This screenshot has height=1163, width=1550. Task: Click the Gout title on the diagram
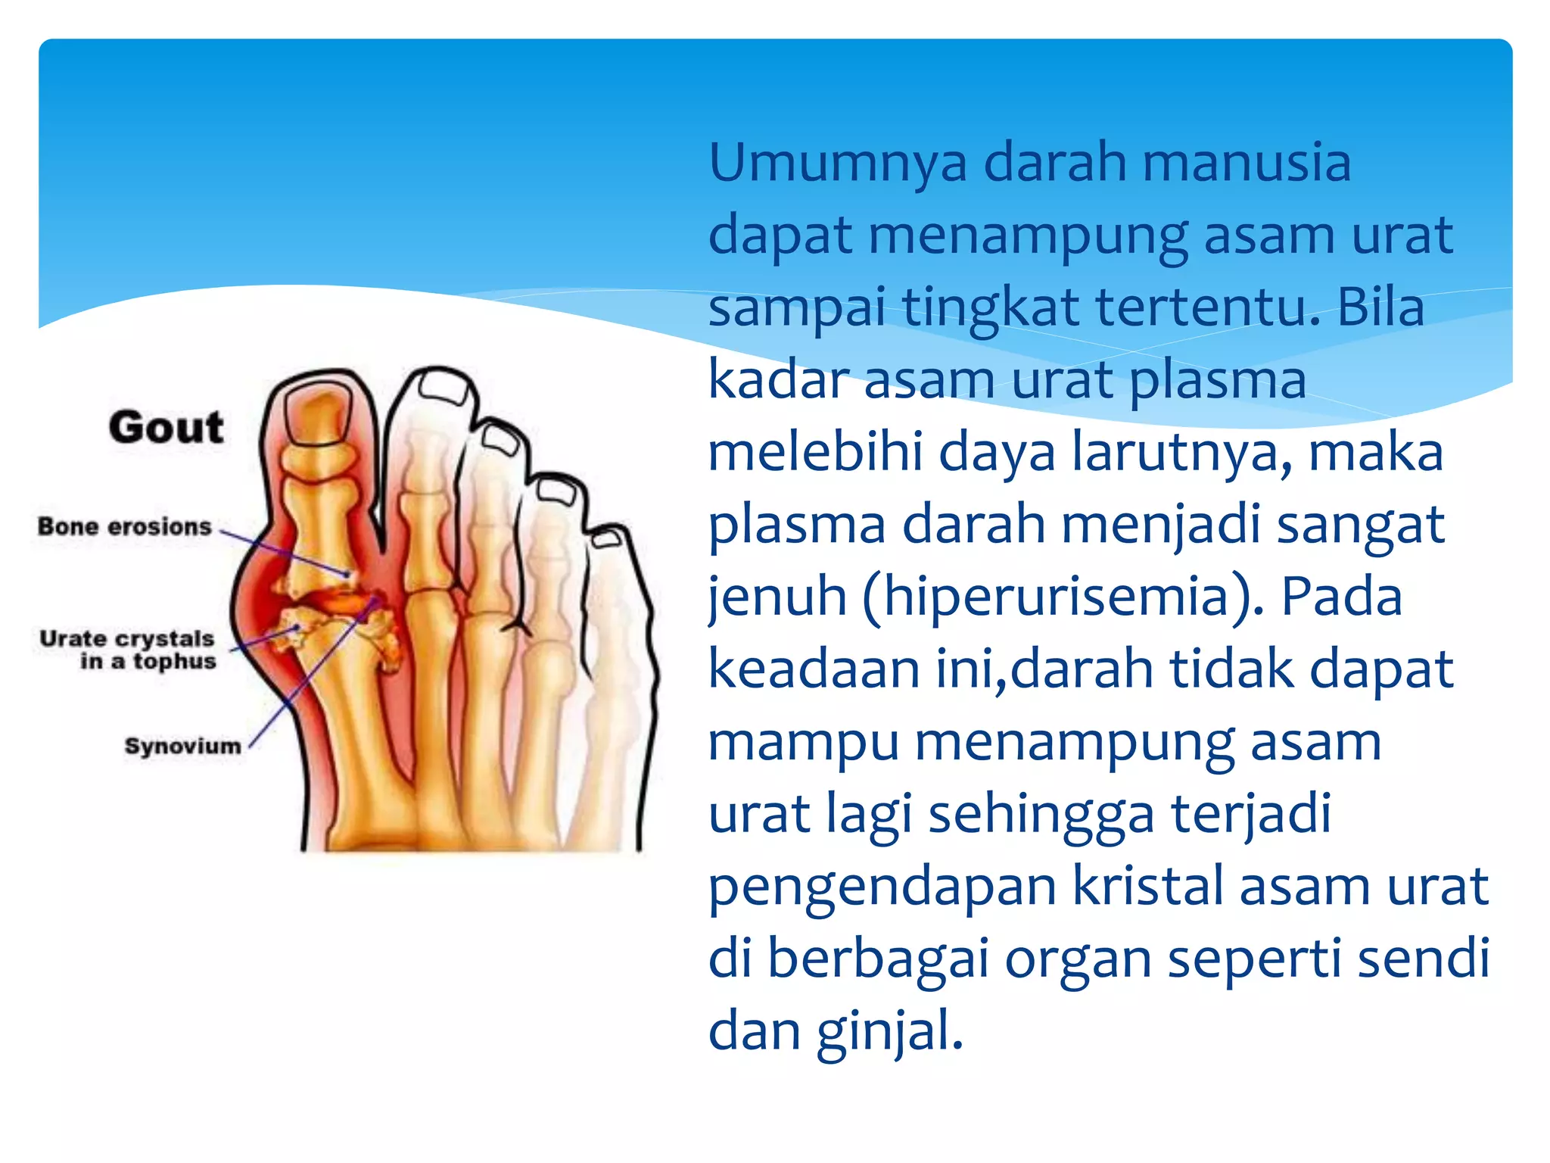click(x=166, y=427)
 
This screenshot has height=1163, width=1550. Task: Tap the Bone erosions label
click(x=125, y=526)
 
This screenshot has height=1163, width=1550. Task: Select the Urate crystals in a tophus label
click(x=128, y=650)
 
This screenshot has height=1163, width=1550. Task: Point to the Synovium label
click(x=182, y=746)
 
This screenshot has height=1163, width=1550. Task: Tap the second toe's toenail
click(x=445, y=388)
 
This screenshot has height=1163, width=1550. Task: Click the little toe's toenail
click(x=606, y=539)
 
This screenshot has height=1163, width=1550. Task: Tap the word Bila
click(x=1380, y=307)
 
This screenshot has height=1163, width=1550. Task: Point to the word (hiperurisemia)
click(x=1060, y=597)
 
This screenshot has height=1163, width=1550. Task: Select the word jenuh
click(x=776, y=597)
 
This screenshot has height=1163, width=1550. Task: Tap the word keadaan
click(x=814, y=669)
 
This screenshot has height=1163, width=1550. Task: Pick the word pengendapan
click(x=882, y=887)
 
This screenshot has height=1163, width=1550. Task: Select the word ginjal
click(x=889, y=1032)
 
